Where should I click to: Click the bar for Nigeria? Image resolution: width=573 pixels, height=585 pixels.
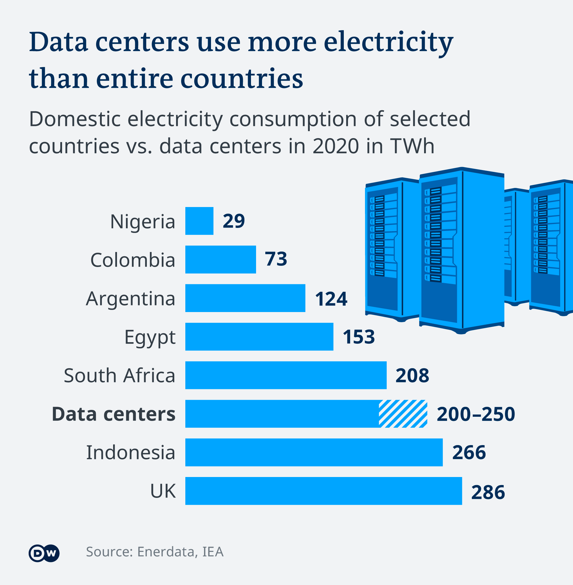click(x=199, y=221)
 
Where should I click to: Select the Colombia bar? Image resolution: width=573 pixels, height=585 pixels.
click(x=221, y=259)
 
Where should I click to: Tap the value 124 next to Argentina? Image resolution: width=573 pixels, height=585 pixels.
click(x=331, y=299)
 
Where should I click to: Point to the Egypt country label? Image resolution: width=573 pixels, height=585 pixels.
click(x=150, y=337)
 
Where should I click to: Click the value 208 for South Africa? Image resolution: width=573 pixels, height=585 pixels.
click(x=412, y=375)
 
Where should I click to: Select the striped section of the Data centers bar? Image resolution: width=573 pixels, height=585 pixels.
click(x=403, y=413)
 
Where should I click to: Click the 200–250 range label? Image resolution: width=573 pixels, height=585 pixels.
click(x=476, y=414)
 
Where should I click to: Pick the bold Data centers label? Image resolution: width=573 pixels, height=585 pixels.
click(x=113, y=414)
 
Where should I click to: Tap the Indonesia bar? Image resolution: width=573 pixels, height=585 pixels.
click(x=314, y=452)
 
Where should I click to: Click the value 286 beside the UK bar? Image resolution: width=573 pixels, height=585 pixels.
click(x=488, y=492)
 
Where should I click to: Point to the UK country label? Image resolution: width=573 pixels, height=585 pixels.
click(x=163, y=491)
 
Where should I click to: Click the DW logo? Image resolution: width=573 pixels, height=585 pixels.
click(x=44, y=553)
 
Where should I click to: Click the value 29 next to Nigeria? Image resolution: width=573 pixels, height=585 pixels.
click(x=234, y=221)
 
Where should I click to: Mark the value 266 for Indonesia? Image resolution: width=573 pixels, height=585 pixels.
click(x=469, y=452)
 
